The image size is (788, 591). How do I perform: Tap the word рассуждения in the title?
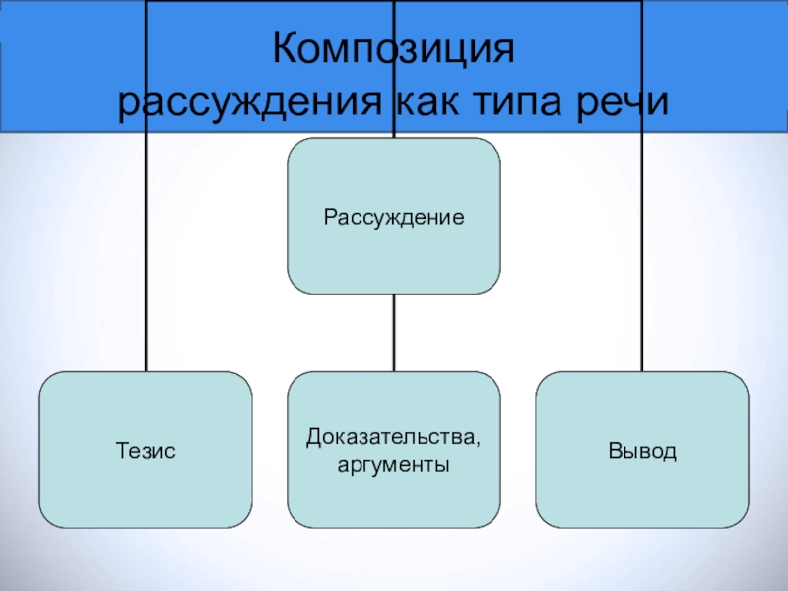point(252,101)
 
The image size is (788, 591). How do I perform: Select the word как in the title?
point(427,101)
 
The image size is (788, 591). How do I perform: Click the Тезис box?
point(146,492)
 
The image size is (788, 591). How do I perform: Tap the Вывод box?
point(641,492)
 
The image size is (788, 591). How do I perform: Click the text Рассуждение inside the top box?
point(393,216)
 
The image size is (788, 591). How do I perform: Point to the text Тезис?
point(146,451)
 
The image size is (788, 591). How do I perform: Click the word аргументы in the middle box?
point(393,462)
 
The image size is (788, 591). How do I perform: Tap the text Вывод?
point(641,451)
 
